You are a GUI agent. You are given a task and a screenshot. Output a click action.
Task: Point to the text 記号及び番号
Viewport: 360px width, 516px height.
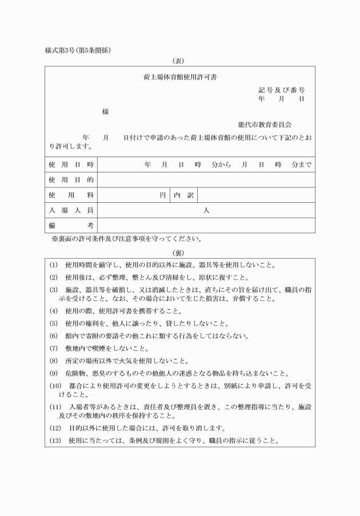[281, 90]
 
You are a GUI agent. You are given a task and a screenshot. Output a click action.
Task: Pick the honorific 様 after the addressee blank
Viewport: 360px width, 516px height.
[105, 112]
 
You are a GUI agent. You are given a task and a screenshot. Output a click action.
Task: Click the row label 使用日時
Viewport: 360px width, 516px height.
[71, 165]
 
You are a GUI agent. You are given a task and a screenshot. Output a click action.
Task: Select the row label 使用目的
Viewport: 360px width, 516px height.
[71, 180]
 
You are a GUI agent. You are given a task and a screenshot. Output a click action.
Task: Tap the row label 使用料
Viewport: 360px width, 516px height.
[71, 195]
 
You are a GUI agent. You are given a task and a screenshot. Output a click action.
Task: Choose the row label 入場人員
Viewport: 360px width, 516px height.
[71, 210]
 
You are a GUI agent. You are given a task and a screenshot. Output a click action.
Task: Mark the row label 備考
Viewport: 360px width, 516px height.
[71, 226]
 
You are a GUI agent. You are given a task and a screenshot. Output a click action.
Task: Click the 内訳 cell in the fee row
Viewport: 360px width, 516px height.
[183, 195]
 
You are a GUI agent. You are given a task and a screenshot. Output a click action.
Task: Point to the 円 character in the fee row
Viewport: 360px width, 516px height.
[163, 195]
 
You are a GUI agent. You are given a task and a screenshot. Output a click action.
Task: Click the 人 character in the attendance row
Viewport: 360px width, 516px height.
[206, 210]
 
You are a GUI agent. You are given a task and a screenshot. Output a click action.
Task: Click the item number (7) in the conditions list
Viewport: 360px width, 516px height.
[54, 348]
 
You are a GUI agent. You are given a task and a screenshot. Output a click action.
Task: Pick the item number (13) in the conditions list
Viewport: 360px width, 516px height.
[55, 441]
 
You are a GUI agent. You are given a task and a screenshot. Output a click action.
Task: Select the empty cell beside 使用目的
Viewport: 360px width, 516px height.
[206, 180]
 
